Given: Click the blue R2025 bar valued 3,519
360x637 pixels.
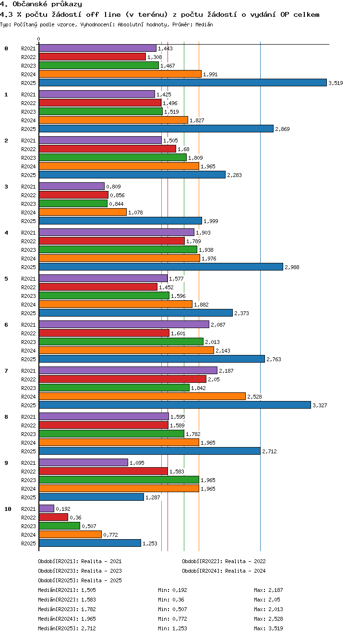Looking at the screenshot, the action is (183, 83).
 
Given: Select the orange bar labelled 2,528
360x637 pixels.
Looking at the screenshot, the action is (142, 396).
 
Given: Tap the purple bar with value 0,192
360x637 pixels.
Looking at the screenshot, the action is (47, 509).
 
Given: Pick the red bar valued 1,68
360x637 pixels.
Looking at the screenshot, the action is (108, 149).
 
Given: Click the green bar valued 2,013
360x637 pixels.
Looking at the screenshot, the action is (121, 342).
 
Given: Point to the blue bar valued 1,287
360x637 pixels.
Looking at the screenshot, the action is (91, 497).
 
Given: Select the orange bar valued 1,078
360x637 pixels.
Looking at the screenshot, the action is (83, 212).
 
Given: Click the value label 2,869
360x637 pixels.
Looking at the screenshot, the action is (282, 129).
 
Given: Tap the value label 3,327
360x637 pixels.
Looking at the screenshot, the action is (320, 405).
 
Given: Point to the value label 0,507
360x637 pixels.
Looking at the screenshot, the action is (89, 526).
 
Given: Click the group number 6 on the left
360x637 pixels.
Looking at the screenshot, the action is (6, 325).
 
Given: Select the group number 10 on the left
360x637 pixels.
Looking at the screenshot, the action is (8, 509).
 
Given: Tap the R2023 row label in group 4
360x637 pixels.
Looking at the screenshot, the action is (28, 250).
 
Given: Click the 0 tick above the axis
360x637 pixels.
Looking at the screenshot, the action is (39, 39).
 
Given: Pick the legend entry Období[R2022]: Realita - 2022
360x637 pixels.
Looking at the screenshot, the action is (224, 561).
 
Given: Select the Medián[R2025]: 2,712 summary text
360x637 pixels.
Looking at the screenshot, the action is (67, 628).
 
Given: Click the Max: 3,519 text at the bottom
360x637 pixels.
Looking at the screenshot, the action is (268, 628).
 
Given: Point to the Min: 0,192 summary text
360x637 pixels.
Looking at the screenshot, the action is (172, 590).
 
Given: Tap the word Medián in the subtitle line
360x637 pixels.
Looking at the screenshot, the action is (204, 25).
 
